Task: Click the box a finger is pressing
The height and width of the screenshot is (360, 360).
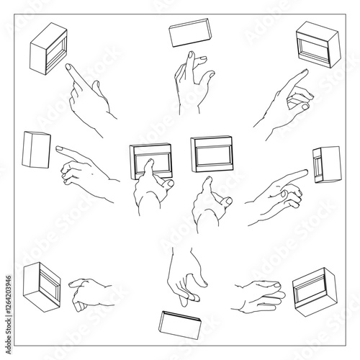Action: click(151, 162)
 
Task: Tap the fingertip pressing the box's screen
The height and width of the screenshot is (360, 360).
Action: click(150, 163)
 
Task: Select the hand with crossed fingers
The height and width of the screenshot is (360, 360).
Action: click(192, 83)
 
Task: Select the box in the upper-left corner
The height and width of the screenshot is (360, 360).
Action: click(48, 47)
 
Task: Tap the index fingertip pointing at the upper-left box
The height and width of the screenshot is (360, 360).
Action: click(68, 66)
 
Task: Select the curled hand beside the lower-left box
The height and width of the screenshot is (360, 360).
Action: click(91, 292)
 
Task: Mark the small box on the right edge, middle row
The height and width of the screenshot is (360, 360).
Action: click(326, 164)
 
